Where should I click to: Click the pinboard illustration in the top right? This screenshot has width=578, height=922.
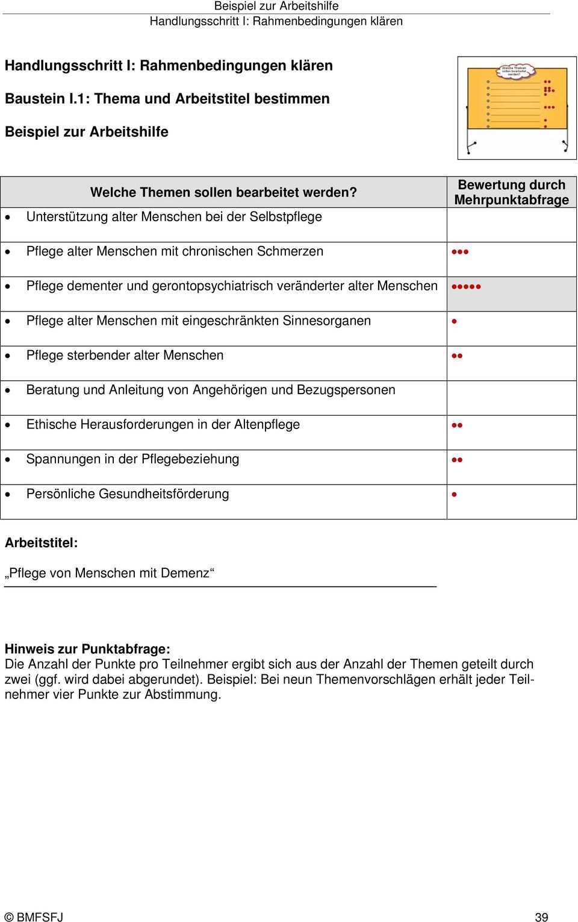(517, 107)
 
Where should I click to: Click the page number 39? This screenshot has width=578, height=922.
(541, 917)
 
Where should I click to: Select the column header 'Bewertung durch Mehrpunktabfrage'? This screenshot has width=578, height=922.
(511, 192)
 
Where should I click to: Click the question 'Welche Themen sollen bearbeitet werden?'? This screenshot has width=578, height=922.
(223, 192)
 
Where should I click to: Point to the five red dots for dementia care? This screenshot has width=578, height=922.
(465, 287)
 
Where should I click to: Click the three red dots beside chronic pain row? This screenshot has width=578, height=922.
(459, 252)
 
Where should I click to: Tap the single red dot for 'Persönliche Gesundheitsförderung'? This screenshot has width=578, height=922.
(454, 495)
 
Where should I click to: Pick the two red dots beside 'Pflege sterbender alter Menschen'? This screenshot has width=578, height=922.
(456, 356)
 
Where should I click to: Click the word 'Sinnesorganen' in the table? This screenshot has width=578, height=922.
(326, 321)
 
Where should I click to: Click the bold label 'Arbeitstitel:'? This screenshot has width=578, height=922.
(41, 542)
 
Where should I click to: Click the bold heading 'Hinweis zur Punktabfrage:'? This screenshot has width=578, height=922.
(87, 649)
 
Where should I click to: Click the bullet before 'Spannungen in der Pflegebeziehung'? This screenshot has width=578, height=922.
(7, 460)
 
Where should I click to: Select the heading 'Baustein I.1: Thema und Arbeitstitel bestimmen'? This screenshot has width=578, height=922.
(167, 98)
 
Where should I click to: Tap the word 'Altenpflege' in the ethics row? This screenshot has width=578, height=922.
(267, 424)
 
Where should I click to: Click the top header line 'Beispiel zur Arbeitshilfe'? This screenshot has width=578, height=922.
(276, 6)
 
